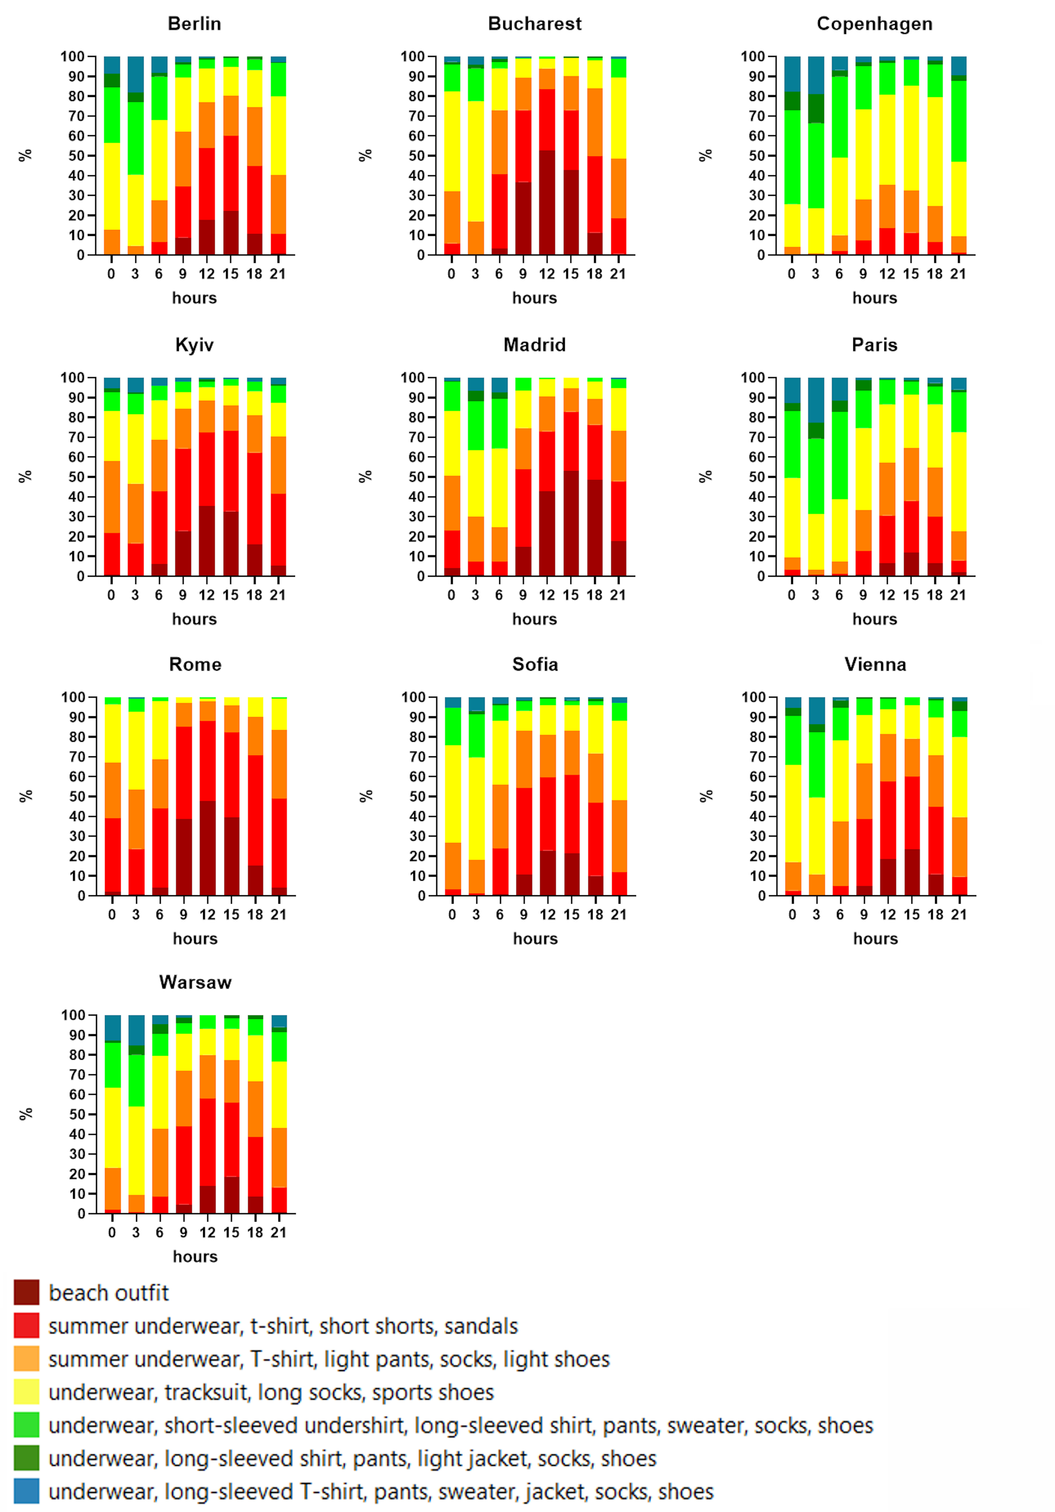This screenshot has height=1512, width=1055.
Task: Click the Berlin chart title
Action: (194, 24)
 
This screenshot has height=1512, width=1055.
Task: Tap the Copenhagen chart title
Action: (874, 24)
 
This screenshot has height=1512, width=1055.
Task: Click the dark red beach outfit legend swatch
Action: (26, 1292)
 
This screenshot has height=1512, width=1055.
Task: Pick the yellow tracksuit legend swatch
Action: (26, 1391)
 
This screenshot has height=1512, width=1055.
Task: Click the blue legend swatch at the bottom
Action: (26, 1491)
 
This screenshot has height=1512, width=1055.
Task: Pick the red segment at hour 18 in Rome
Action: (255, 810)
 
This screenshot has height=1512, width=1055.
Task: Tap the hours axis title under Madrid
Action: (535, 619)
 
